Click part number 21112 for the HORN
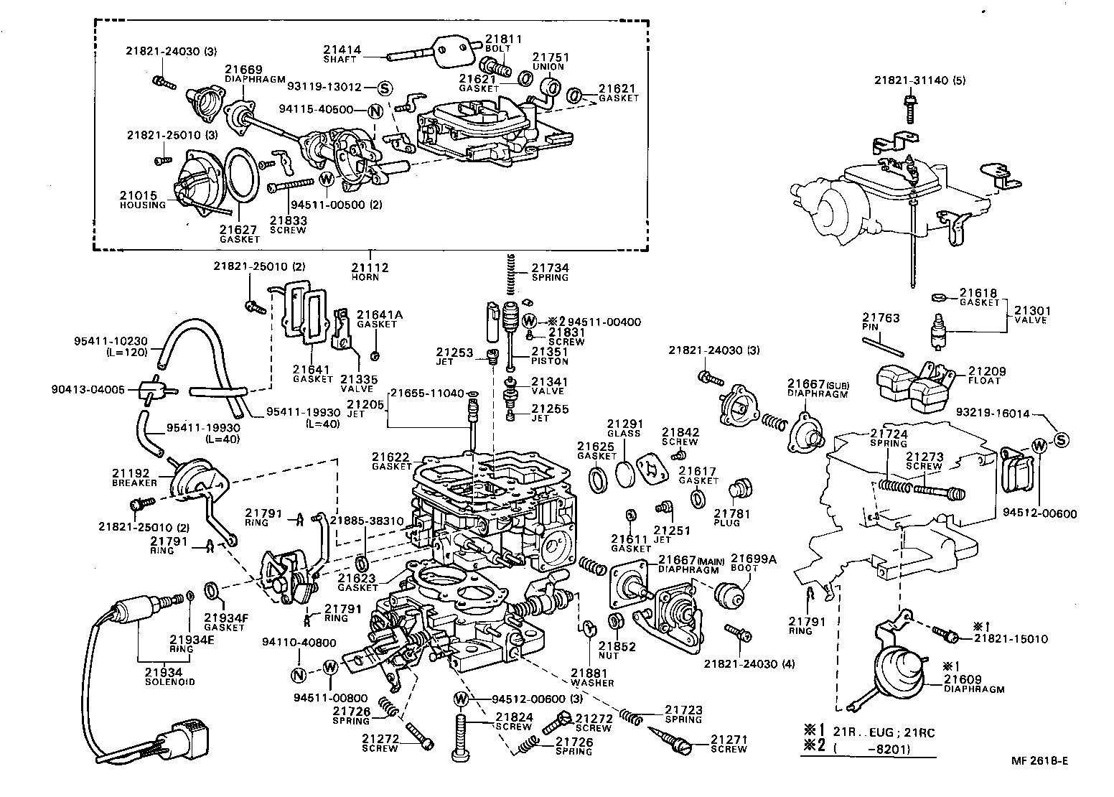pos(370,268)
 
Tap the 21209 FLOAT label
pos(986,376)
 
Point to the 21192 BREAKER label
pos(134,477)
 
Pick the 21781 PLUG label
pos(732,518)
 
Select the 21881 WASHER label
pos(591,677)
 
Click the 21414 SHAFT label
pos(342,54)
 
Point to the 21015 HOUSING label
pos(142,199)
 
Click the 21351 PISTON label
pos(550,356)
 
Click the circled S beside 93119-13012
pos(384,88)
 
